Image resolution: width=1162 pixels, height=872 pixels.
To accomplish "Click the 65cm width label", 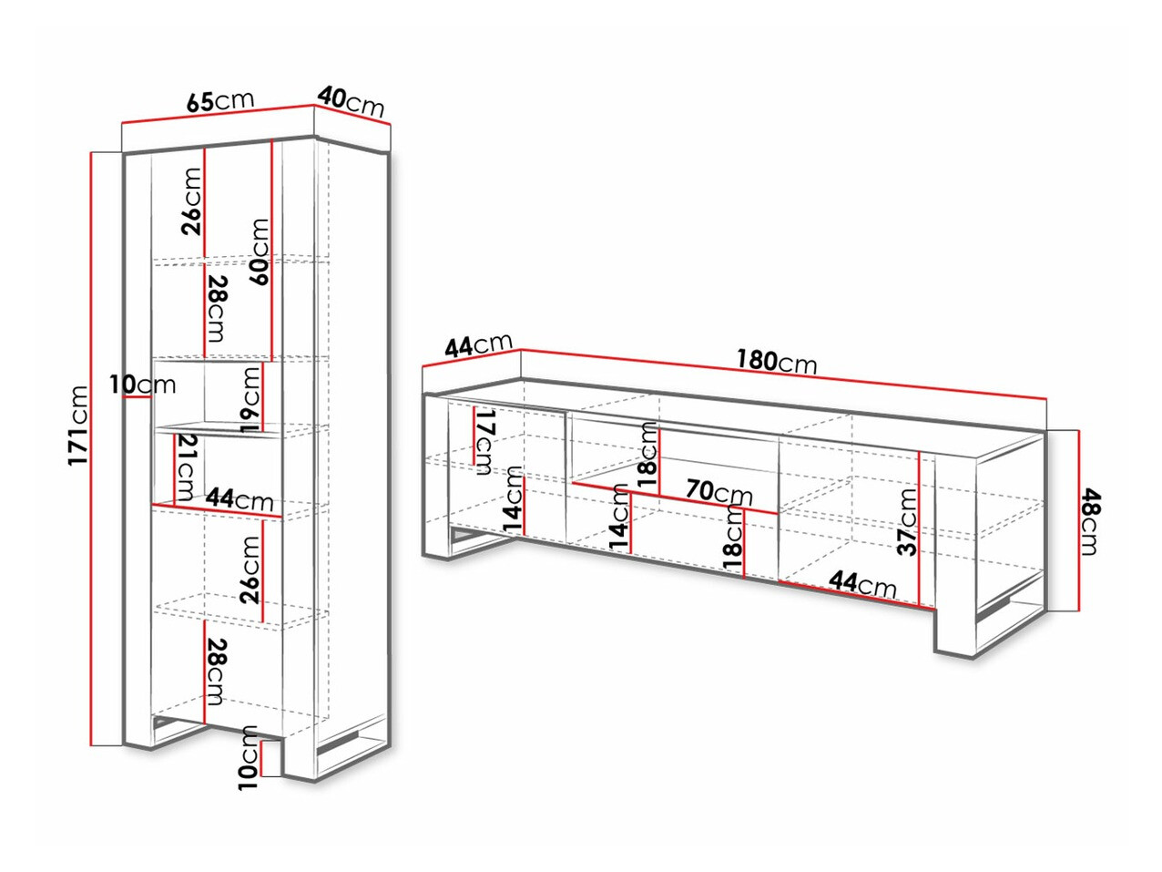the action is pyautogui.click(x=220, y=100).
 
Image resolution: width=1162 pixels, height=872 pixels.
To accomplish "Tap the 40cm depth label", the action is pyautogui.click(x=351, y=103).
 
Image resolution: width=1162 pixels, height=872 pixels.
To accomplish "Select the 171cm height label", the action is pyautogui.click(x=78, y=426).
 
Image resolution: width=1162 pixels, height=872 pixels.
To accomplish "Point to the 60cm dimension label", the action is pyautogui.click(x=260, y=252).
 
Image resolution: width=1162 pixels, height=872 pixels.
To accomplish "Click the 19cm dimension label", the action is pyautogui.click(x=250, y=399).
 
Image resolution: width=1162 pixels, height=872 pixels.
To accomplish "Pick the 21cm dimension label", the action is pyautogui.click(x=187, y=467).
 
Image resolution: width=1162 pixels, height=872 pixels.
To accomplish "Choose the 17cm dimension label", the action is pyautogui.click(x=484, y=441).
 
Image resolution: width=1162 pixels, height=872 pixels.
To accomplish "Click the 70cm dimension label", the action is pyautogui.click(x=719, y=491).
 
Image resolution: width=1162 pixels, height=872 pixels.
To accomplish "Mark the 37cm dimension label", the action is pyautogui.click(x=907, y=521).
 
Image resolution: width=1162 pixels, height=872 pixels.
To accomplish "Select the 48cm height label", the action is pyautogui.click(x=1089, y=522).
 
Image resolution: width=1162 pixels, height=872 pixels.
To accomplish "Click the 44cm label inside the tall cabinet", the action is pyautogui.click(x=240, y=498).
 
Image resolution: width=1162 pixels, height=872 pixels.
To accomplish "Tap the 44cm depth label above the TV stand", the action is pyautogui.click(x=478, y=344).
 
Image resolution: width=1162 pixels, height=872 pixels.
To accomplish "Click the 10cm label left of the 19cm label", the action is pyautogui.click(x=142, y=385).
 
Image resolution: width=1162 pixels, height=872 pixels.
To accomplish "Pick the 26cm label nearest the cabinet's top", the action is pyautogui.click(x=191, y=201).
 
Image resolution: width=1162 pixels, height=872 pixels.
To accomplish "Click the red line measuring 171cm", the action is pyautogui.click(x=92, y=448).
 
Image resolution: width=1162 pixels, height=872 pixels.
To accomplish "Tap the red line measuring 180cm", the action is pyautogui.click(x=783, y=374).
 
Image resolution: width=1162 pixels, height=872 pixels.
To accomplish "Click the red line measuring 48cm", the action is pyautogui.click(x=1078, y=520).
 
